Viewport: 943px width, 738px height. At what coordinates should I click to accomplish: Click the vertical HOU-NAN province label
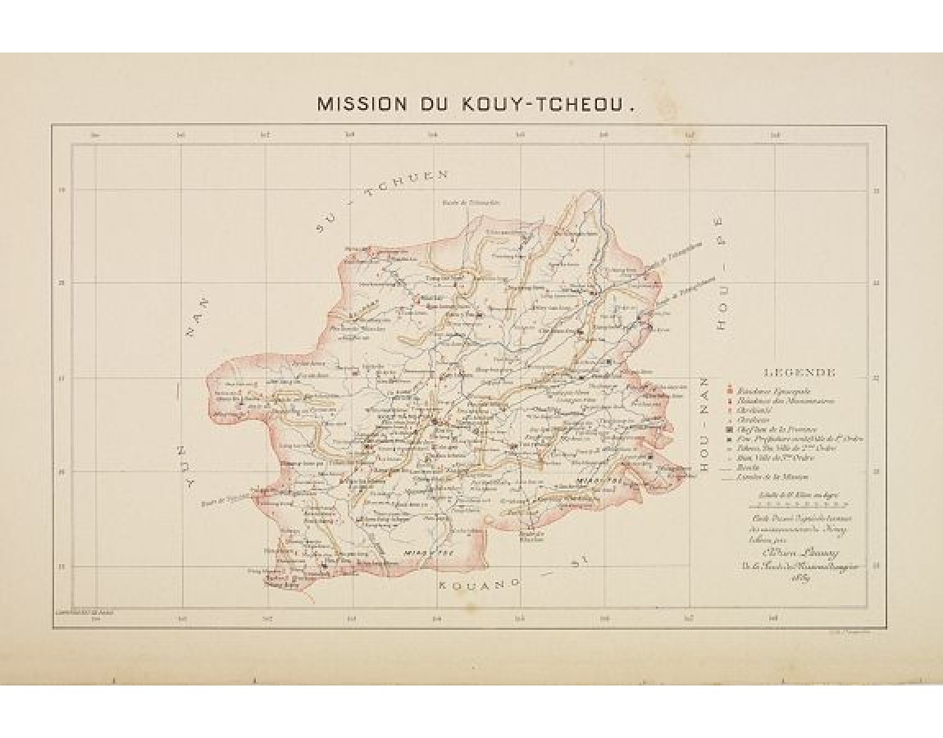[704, 426]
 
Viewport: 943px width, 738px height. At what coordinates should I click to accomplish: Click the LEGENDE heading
[799, 373]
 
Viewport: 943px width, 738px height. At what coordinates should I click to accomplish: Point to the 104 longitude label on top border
[435, 135]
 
